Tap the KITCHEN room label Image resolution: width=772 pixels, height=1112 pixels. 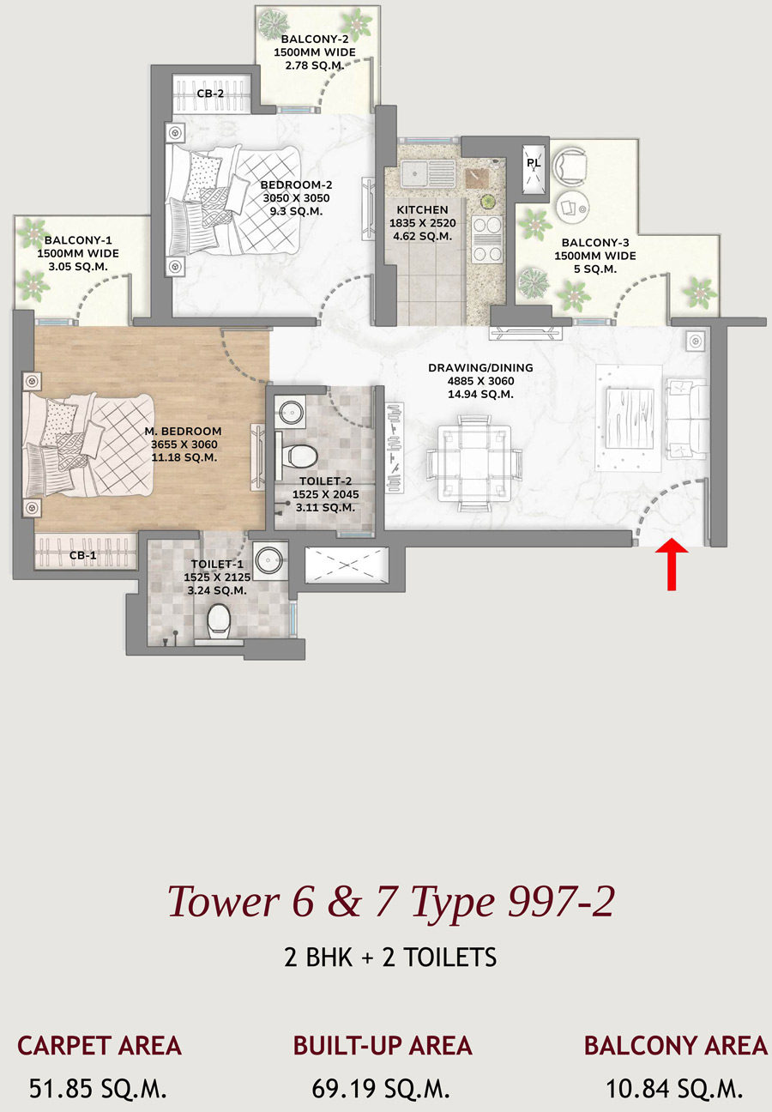pyautogui.click(x=422, y=209)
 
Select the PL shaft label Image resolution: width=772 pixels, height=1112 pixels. pyautogui.click(x=534, y=163)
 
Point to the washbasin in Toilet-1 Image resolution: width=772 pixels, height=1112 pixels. pyautogui.click(x=270, y=559)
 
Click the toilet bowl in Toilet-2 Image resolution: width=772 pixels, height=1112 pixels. pyautogui.click(x=299, y=455)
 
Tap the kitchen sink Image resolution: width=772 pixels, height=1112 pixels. pyautogui.click(x=427, y=172)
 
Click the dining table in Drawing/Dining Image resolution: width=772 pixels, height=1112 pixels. pyautogui.click(x=473, y=462)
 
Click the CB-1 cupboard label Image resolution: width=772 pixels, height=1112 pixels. pyautogui.click(x=83, y=555)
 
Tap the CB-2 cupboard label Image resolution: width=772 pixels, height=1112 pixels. pyautogui.click(x=210, y=94)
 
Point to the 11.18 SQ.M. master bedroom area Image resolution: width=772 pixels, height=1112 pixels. pyautogui.click(x=184, y=457)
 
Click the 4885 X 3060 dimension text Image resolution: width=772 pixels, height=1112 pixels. pyautogui.click(x=480, y=381)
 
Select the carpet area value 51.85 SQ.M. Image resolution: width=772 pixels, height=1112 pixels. pyautogui.click(x=98, y=1089)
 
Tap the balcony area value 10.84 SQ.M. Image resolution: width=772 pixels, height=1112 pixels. pyautogui.click(x=674, y=1089)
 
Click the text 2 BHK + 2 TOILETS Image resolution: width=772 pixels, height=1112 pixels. pyautogui.click(x=390, y=957)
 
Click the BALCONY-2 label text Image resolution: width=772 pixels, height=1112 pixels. pyautogui.click(x=315, y=39)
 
